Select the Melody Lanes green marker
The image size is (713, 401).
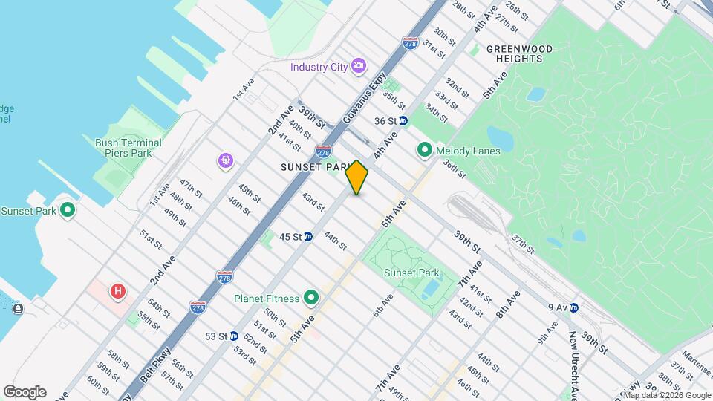coord(425,151)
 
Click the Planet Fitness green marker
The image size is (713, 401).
coord(311,299)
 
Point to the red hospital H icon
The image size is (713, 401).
coord(117,291)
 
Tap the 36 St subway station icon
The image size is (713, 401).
coord(403,120)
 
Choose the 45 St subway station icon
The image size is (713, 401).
coord(307,237)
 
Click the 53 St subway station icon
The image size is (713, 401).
coord(233,336)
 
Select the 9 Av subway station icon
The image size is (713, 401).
coord(574,307)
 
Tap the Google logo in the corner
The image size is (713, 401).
coord(25,391)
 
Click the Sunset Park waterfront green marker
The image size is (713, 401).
coord(68,211)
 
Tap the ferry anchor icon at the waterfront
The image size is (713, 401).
coord(17,308)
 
